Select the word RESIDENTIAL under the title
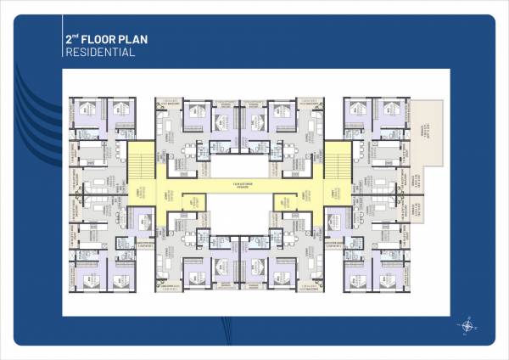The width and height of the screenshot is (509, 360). point(100,53)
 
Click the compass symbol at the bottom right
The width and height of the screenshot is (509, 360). point(468,323)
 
